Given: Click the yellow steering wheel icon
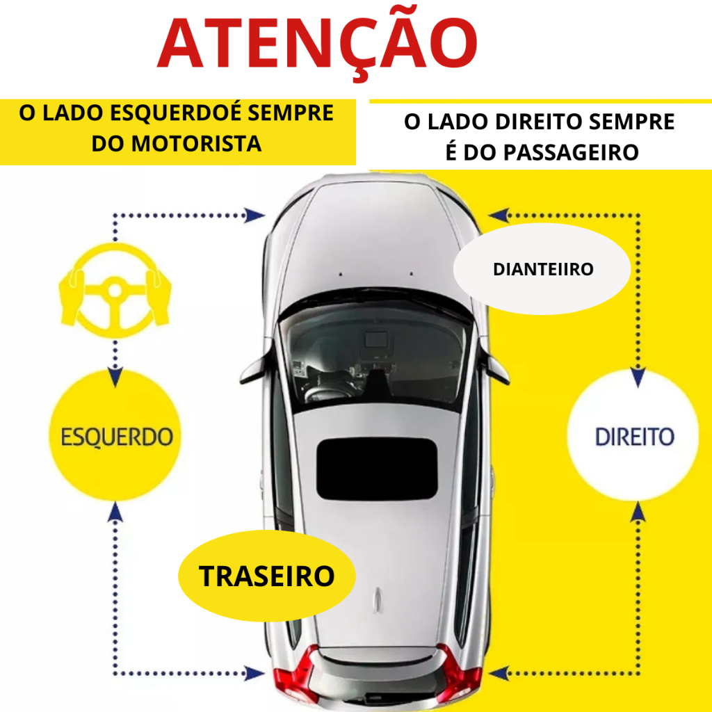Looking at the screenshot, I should [x=115, y=290].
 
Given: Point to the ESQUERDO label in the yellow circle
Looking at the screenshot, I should [x=116, y=437].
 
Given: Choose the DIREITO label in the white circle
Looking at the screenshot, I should [x=634, y=437].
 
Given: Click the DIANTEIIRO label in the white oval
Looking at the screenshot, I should [x=543, y=269].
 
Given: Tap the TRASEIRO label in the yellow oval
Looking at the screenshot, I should [x=267, y=576].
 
